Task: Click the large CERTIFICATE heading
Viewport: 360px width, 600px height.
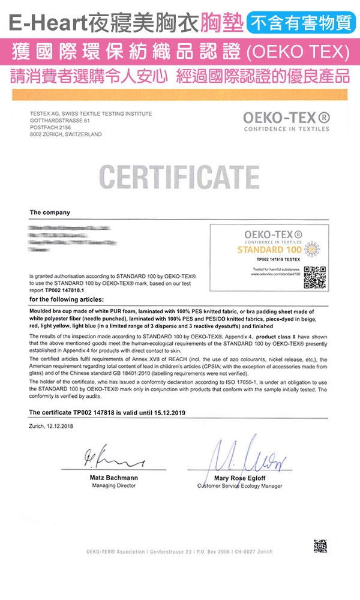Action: (179, 175)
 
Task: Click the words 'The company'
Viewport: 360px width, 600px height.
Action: (50, 212)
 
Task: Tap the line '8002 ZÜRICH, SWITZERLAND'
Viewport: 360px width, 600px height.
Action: (65, 134)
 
